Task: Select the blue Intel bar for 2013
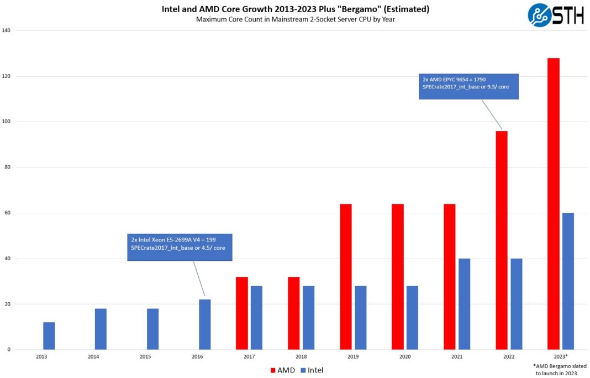[x=49, y=336]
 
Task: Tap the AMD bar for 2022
[x=501, y=240]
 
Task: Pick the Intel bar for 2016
[x=205, y=324]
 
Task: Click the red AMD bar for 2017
[x=241, y=313]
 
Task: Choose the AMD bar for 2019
[x=345, y=277]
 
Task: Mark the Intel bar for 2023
[x=568, y=281]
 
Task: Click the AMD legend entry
[x=282, y=370]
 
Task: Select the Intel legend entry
[x=312, y=370]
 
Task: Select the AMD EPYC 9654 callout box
[x=468, y=86]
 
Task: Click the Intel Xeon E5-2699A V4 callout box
[x=180, y=246]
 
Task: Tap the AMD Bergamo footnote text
[x=560, y=370]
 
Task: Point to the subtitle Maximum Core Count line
[x=295, y=19]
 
